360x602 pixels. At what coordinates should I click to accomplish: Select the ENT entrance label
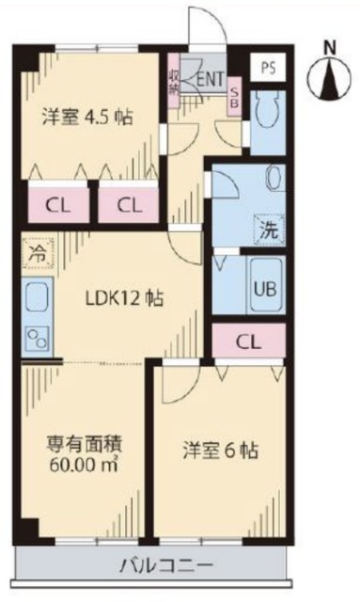pyautogui.click(x=210, y=80)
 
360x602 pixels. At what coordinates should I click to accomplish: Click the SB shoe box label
pyautogui.click(x=235, y=98)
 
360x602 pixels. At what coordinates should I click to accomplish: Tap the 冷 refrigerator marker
pyautogui.click(x=36, y=254)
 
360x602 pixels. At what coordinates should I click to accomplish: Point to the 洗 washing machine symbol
pyautogui.click(x=267, y=228)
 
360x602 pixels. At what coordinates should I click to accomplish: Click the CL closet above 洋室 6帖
pyautogui.click(x=249, y=341)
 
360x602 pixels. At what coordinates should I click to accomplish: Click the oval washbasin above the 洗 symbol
pyautogui.click(x=275, y=180)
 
